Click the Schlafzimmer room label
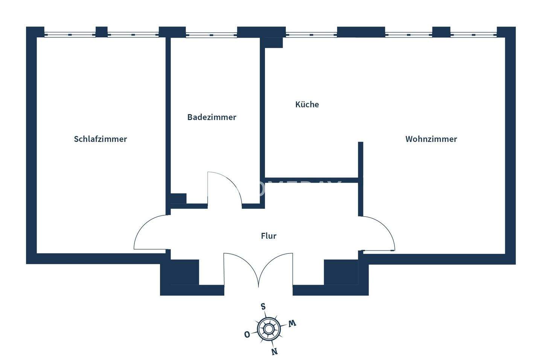tap(100, 139)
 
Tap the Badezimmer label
tap(212, 117)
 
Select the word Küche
tap(307, 104)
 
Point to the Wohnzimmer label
tap(431, 139)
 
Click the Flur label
tap(269, 236)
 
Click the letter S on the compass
tap(263, 306)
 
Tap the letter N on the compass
tap(274, 351)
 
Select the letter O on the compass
tap(247, 334)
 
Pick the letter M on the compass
tap(292, 323)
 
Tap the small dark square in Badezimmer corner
tap(178, 198)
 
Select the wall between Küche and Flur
tap(311, 180)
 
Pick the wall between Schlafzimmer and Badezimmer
tap(168, 121)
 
